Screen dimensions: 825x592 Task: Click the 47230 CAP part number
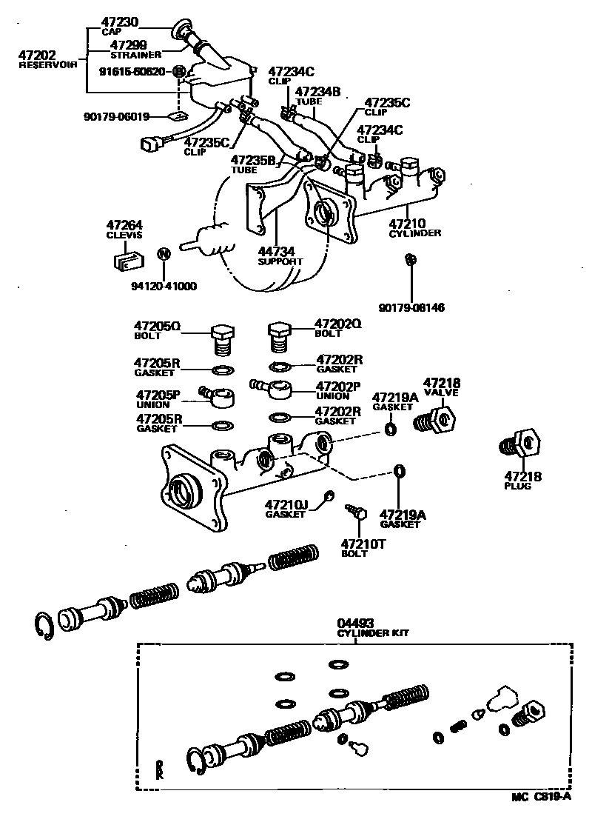(118, 25)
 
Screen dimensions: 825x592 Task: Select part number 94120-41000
(164, 286)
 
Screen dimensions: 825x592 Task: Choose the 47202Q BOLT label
(337, 328)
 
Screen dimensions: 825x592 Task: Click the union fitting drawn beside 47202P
(279, 388)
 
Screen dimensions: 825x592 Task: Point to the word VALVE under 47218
(441, 393)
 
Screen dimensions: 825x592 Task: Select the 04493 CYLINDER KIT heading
(373, 628)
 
